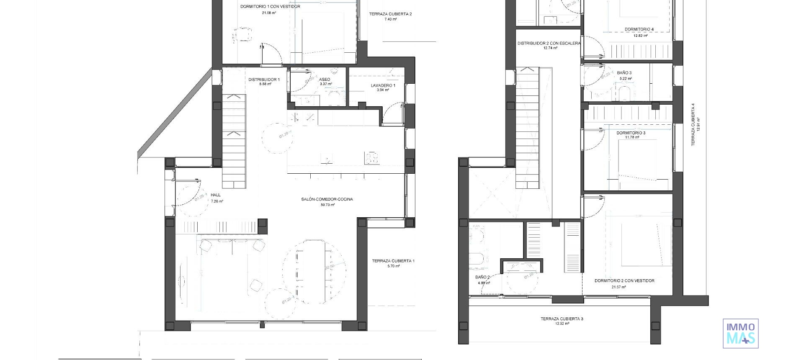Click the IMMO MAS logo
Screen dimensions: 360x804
pos(740,333)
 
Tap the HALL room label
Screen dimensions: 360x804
pos(216,195)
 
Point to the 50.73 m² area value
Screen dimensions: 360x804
pos(327,205)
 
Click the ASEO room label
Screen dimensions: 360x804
pos(325,80)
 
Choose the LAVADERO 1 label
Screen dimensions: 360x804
pos(383,85)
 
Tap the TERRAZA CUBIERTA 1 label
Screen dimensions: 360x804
pos(393,261)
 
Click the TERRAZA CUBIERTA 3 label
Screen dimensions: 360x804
pos(562,319)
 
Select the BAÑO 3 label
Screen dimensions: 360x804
pos(624,73)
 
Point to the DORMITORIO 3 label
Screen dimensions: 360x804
pos(631,133)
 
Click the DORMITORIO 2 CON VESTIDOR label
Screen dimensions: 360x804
pos(624,281)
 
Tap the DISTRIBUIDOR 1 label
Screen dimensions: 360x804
pos(264,80)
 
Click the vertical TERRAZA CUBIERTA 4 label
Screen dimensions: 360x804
pos(693,125)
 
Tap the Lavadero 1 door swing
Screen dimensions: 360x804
pos(393,113)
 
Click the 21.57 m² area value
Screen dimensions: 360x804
pos(618,287)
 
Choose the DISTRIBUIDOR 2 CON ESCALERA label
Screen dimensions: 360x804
pos(549,44)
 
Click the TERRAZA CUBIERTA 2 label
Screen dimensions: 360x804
pos(390,14)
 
